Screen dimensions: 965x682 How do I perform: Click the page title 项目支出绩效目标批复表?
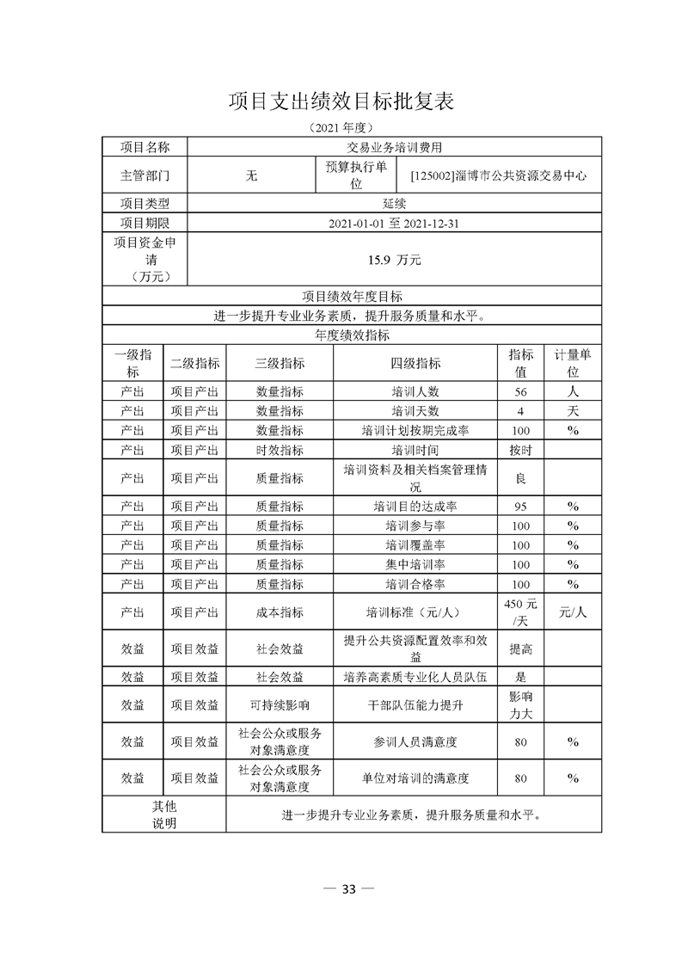(341, 101)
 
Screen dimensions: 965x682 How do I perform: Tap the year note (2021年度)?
(341, 127)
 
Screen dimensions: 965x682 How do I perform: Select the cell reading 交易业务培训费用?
(394, 147)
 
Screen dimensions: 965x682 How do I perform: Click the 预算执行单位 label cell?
(356, 175)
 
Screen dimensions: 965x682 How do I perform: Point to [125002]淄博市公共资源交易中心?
(499, 175)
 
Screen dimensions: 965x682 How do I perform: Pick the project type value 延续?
(394, 204)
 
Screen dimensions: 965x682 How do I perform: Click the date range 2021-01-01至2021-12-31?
(394, 224)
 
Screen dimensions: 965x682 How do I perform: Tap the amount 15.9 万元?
(394, 259)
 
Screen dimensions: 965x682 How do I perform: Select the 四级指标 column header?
(415, 363)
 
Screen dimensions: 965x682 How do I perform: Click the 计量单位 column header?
(572, 363)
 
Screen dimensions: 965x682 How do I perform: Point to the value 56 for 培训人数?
(520, 390)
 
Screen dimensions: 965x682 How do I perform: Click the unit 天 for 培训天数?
(572, 410)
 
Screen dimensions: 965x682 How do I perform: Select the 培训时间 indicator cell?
(415, 450)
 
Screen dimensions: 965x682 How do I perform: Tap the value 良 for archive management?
(520, 478)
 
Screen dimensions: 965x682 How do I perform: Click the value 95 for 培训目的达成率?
(520, 506)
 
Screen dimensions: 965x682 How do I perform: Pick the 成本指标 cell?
(280, 613)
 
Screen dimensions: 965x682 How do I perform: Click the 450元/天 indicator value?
(520, 613)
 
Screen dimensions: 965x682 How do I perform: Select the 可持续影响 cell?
(280, 705)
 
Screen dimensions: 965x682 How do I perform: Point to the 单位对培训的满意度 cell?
(415, 778)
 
